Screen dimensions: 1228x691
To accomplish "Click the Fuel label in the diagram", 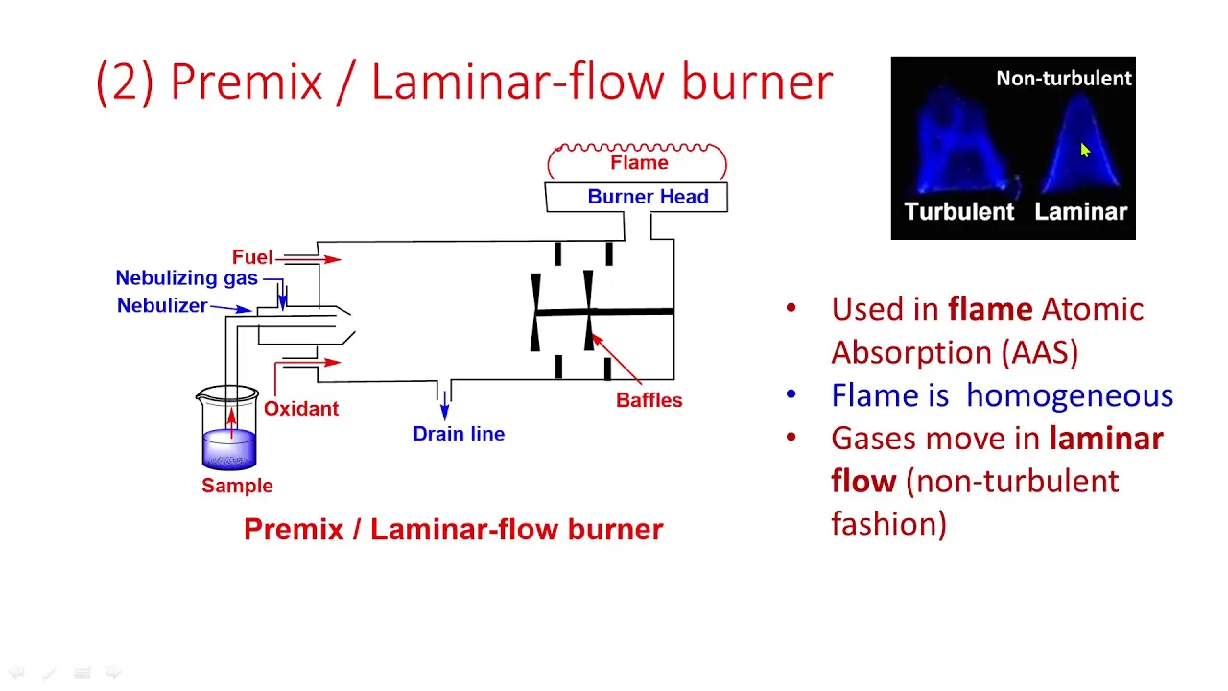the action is pyautogui.click(x=252, y=256).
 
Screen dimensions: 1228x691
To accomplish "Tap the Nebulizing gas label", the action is pyautogui.click(x=186, y=278).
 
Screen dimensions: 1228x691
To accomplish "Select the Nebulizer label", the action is pyautogui.click(x=162, y=305).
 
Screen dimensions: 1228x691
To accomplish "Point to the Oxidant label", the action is pyautogui.click(x=301, y=409).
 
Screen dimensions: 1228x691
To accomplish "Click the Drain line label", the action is pyautogui.click(x=459, y=434).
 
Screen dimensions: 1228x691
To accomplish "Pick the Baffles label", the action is pyautogui.click(x=649, y=400).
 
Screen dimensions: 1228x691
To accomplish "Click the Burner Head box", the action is pyautogui.click(x=636, y=197).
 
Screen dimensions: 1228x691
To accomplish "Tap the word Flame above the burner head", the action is pyautogui.click(x=639, y=163).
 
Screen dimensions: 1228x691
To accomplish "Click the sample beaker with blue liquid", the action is pyautogui.click(x=227, y=428).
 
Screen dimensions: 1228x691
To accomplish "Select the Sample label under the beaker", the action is pyautogui.click(x=237, y=486).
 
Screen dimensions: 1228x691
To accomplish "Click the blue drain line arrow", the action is pyautogui.click(x=444, y=405).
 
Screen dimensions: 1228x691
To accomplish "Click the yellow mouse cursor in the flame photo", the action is pyautogui.click(x=1085, y=151).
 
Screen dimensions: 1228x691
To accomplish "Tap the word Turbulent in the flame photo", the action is pyautogui.click(x=958, y=212).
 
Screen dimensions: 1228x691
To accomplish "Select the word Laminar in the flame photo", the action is pyautogui.click(x=1080, y=212).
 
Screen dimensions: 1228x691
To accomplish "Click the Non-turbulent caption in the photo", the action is pyautogui.click(x=1064, y=79).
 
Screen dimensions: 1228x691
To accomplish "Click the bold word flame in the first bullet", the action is pyautogui.click(x=990, y=309).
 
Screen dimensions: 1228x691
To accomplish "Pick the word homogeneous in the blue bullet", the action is pyautogui.click(x=1069, y=395).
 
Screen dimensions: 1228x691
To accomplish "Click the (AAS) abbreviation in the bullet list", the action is pyautogui.click(x=1039, y=352).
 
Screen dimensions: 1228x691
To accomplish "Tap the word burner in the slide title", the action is pyautogui.click(x=757, y=83).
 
